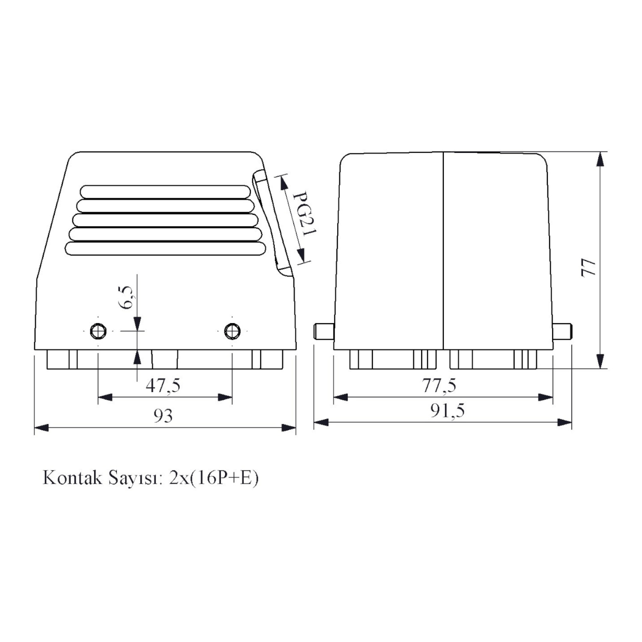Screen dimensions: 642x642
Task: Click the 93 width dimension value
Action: point(163,416)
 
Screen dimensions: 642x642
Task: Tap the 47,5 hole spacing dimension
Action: point(163,386)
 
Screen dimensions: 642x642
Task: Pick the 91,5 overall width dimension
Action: point(447,411)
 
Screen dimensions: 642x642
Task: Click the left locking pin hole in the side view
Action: point(98,331)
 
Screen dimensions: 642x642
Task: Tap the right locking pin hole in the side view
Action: point(232,331)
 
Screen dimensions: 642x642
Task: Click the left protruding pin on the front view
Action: point(324,331)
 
